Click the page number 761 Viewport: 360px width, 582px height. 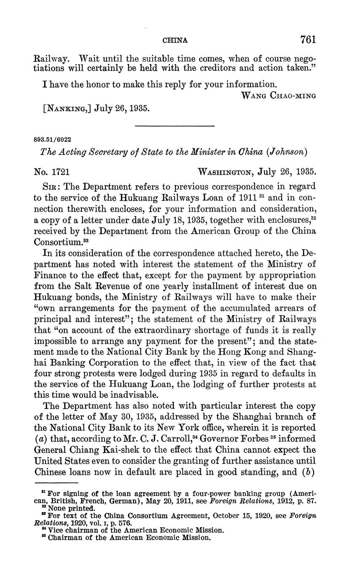308,40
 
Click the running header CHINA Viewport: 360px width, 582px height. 175,40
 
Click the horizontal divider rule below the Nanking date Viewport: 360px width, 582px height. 174,126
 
